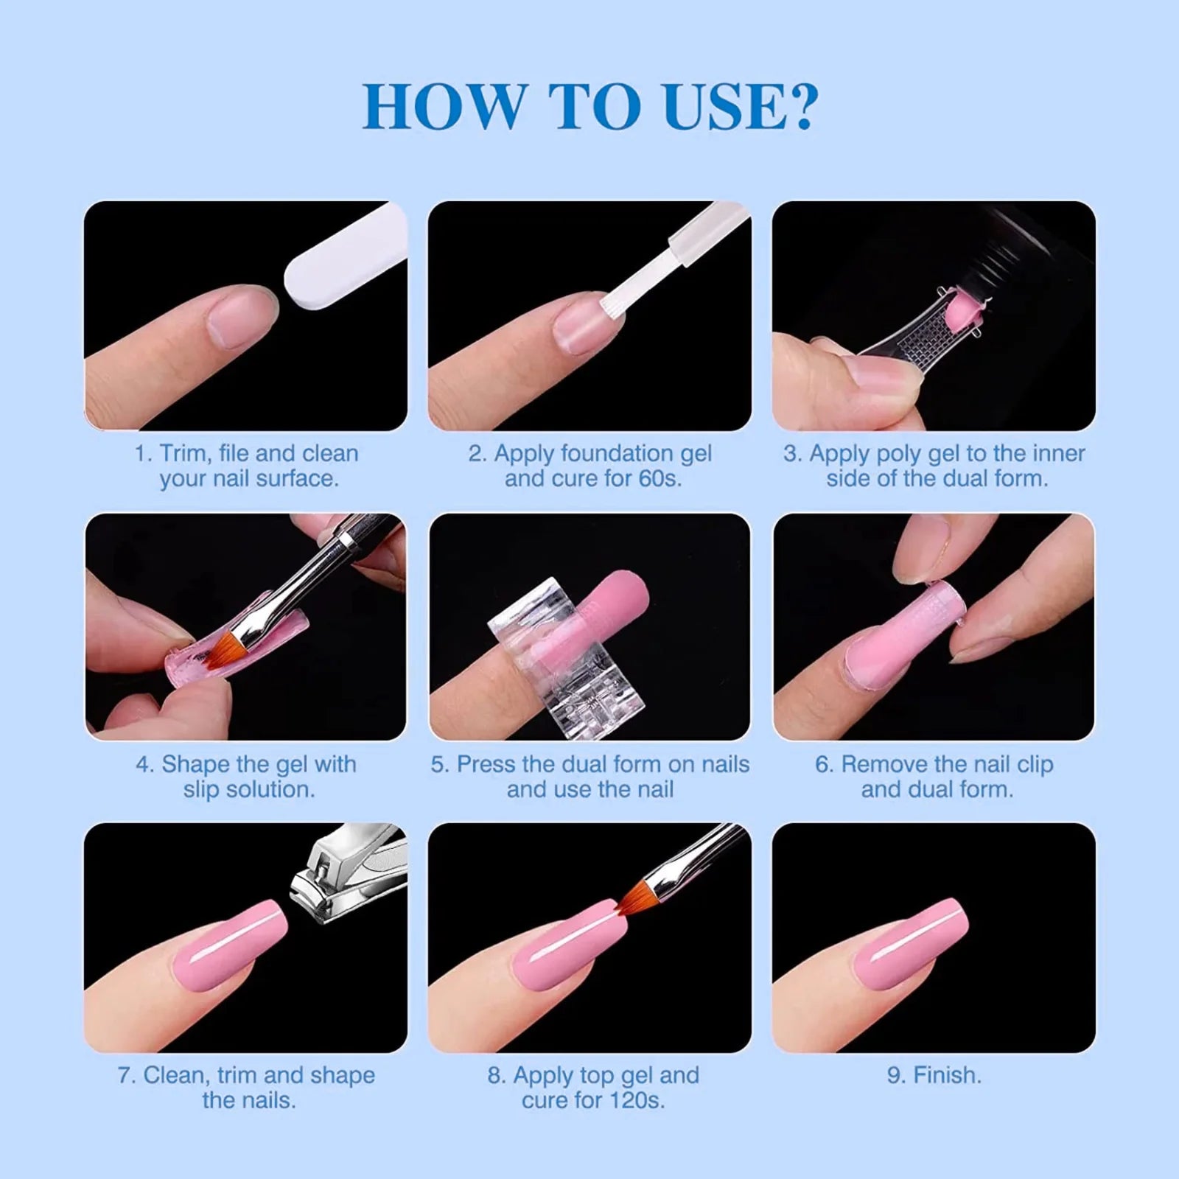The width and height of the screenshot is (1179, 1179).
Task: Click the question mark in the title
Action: tap(795, 108)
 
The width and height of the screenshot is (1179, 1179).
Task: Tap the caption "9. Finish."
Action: tap(934, 1075)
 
